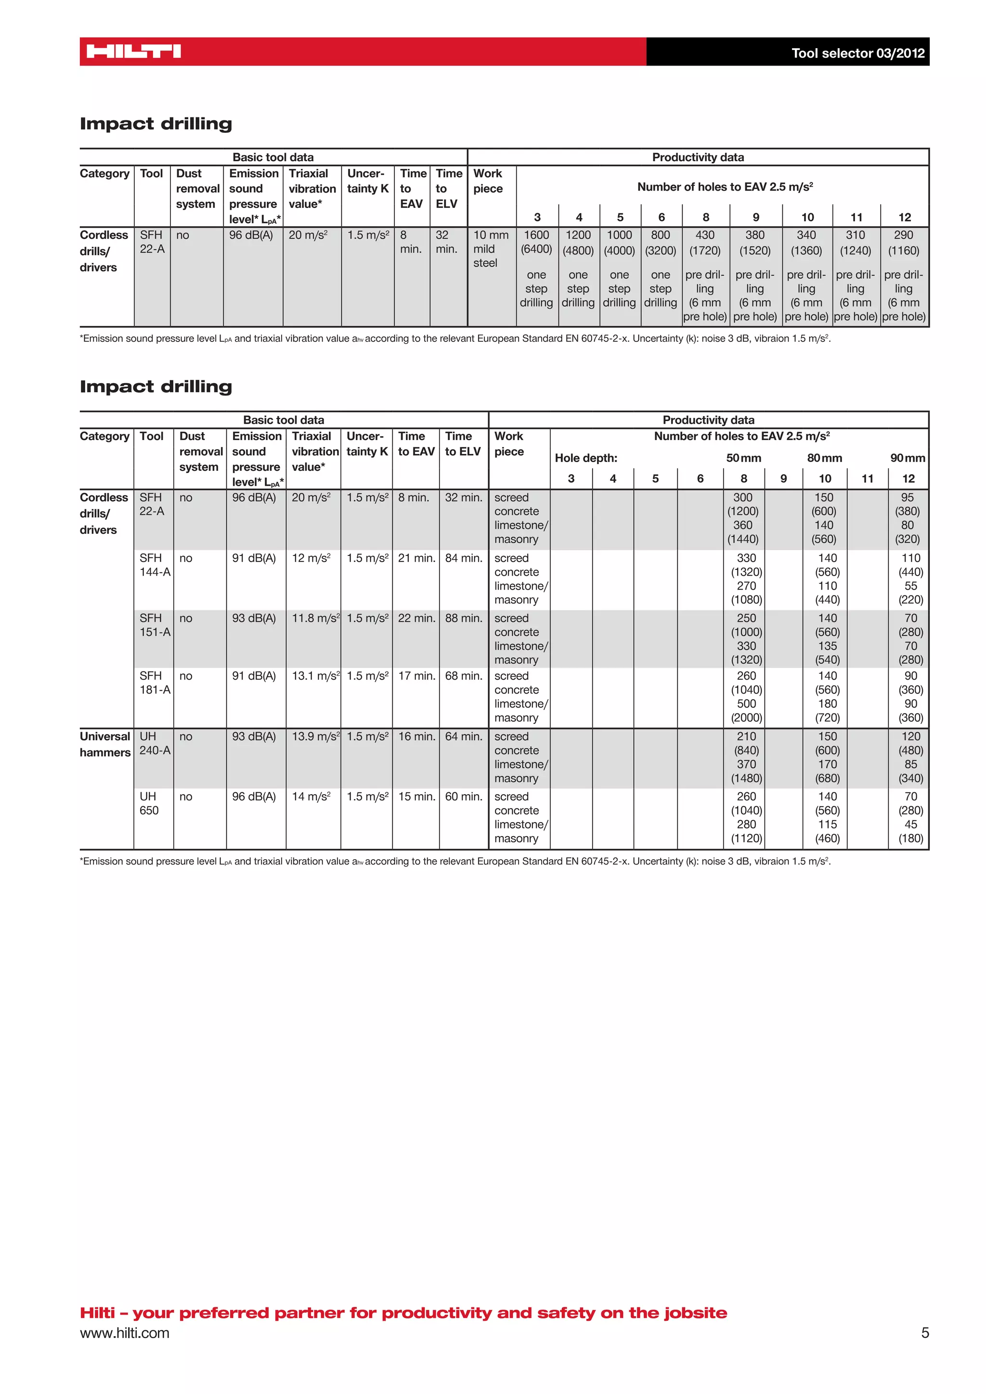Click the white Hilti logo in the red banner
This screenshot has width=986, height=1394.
[x=133, y=52]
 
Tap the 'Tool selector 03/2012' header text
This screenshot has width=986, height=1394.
[x=857, y=53]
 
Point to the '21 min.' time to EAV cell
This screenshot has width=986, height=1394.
[x=416, y=558]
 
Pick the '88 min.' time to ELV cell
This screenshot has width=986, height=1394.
[x=463, y=618]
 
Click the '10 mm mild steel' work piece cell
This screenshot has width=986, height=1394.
[x=491, y=249]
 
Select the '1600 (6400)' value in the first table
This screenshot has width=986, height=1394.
[x=536, y=242]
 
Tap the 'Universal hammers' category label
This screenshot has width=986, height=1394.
[x=105, y=744]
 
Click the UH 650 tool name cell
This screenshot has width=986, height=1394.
[x=149, y=803]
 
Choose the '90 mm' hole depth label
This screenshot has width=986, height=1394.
[x=907, y=458]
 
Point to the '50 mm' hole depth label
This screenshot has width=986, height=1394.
[x=743, y=458]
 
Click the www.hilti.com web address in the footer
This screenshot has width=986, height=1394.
[x=125, y=1333]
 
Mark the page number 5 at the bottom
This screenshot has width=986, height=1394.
[x=925, y=1333]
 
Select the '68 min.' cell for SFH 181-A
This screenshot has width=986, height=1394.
[x=463, y=676]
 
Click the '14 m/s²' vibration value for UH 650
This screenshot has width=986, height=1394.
[x=311, y=797]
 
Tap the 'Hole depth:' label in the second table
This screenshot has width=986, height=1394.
[x=585, y=458]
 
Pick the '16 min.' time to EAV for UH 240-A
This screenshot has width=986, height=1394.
[x=416, y=736]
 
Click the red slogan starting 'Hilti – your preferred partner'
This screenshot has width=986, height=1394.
[x=403, y=1313]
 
